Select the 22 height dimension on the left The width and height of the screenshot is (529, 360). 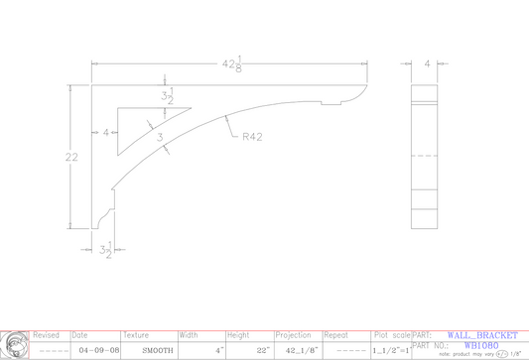pyautogui.click(x=70, y=157)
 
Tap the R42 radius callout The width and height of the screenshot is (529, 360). pyautogui.click(x=252, y=138)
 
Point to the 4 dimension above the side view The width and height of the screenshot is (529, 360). pyautogui.click(x=428, y=63)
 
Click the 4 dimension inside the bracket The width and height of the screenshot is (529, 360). pyautogui.click(x=104, y=131)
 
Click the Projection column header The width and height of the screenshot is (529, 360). pyautogui.click(x=293, y=336)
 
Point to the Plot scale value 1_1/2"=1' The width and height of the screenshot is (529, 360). pyautogui.click(x=389, y=351)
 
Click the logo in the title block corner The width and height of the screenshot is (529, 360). pyautogui.click(x=14, y=344)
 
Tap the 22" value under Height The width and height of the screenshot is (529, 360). pyautogui.click(x=261, y=350)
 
